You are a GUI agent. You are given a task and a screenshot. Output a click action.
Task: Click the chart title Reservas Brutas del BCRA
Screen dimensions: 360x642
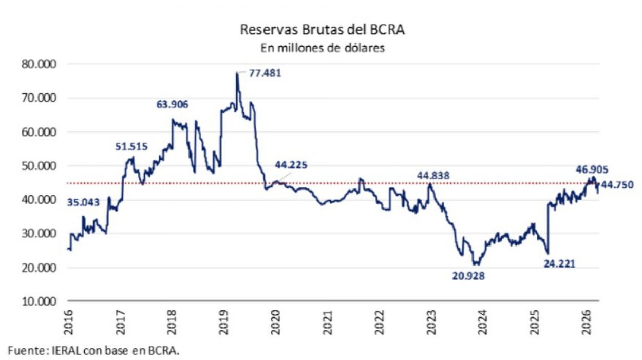(323, 30)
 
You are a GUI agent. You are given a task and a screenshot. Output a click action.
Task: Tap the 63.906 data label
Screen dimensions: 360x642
(173, 105)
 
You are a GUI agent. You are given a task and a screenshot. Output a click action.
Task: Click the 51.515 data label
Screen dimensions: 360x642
(131, 147)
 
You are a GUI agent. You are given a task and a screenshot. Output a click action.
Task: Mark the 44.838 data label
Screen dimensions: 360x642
(433, 176)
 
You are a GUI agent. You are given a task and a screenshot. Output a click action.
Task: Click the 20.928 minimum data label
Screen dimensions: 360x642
(468, 276)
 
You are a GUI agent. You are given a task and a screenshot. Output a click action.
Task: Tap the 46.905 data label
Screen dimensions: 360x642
(590, 167)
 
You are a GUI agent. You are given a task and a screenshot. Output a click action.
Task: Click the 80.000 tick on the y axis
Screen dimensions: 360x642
(39, 64)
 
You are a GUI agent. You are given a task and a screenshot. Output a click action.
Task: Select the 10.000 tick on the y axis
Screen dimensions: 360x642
(39, 301)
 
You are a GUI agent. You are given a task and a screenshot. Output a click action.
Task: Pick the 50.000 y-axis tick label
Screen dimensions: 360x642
(39, 166)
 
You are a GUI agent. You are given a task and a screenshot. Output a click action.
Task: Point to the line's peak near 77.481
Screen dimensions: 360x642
(237, 73)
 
